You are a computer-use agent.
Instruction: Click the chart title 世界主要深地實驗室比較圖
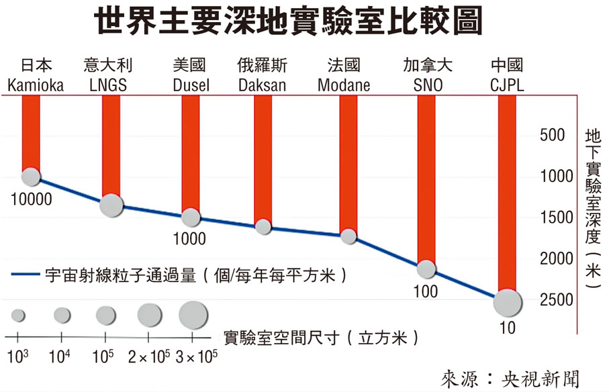[288, 23]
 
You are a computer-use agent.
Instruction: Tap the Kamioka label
[36, 85]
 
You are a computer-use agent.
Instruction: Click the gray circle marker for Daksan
[263, 226]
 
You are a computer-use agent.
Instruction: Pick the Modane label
[344, 85]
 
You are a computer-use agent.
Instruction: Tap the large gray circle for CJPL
[508, 303]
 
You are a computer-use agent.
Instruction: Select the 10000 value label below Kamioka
[31, 199]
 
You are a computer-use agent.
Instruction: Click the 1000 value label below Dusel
[189, 239]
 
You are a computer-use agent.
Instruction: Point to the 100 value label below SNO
[426, 292]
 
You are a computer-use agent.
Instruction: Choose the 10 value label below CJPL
[508, 328]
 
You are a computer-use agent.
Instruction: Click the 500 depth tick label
[552, 135]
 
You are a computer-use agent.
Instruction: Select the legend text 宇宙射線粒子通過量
[120, 275]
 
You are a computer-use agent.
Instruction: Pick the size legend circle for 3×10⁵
[194, 313]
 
